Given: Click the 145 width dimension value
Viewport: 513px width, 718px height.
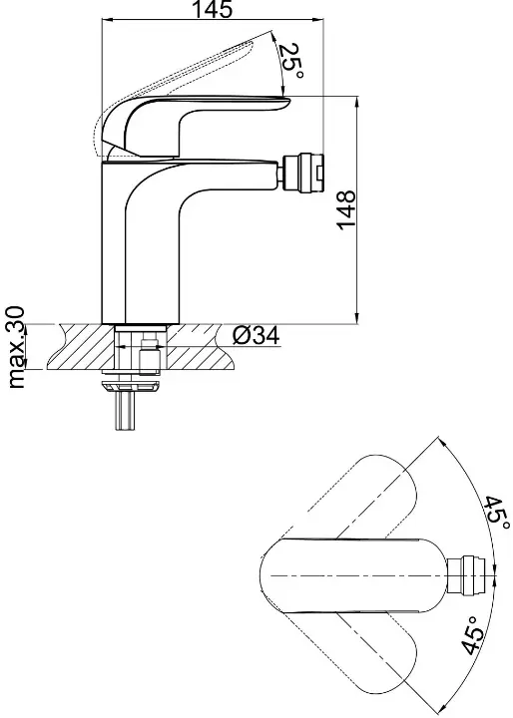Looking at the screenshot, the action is pyautogui.click(x=212, y=9).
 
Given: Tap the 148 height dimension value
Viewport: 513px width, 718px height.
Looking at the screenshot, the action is pyautogui.click(x=346, y=208).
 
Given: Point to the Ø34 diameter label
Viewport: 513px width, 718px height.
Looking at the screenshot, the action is pyautogui.click(x=256, y=337).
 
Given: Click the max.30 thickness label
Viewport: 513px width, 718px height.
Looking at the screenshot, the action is pyautogui.click(x=17, y=347).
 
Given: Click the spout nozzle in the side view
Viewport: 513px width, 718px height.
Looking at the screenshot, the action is pyautogui.click(x=303, y=173).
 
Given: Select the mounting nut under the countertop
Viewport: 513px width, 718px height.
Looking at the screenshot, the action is pyautogui.click(x=132, y=387).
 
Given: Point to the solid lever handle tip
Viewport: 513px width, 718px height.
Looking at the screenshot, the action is pyautogui.click(x=287, y=101).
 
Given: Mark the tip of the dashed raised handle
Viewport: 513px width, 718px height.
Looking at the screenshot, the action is pyautogui.click(x=270, y=31).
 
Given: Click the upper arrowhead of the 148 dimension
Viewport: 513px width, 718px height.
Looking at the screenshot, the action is pyautogui.click(x=357, y=101).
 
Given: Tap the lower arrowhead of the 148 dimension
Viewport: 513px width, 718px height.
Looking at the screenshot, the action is pyautogui.click(x=357, y=320).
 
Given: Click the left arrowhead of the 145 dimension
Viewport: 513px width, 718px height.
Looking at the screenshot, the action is pyautogui.click(x=106, y=19).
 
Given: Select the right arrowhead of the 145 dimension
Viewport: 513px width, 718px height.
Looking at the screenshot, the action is pyautogui.click(x=319, y=19).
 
